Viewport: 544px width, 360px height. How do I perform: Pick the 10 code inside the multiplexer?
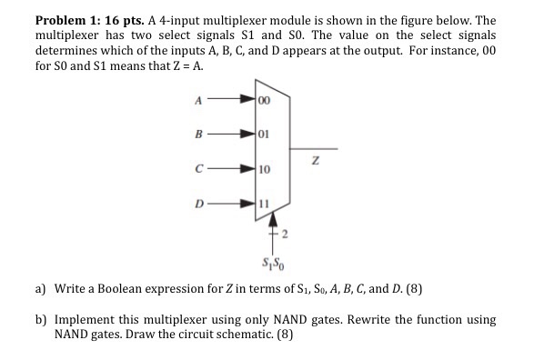pos(265,170)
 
